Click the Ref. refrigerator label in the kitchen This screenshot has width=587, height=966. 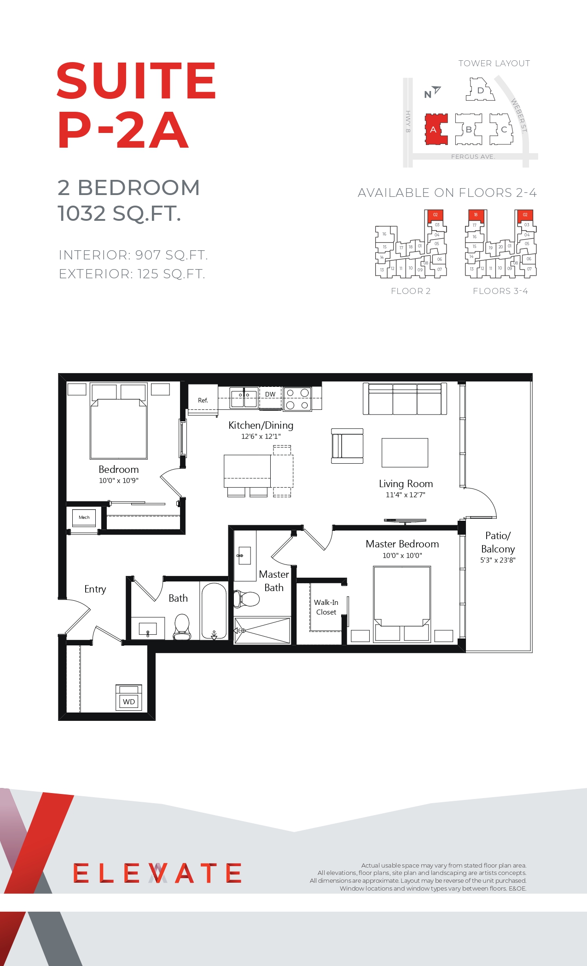pyautogui.click(x=203, y=400)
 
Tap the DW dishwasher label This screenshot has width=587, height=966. pyautogui.click(x=270, y=394)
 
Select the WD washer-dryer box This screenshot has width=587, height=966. pyautogui.click(x=129, y=698)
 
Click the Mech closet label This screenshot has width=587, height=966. pyautogui.click(x=84, y=517)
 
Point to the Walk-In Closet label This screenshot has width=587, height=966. pyautogui.click(x=326, y=607)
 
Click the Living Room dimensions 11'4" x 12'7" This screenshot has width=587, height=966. pyautogui.click(x=406, y=495)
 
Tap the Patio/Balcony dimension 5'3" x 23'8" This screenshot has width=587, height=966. pyautogui.click(x=498, y=560)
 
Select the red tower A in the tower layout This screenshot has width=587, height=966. pyautogui.click(x=436, y=129)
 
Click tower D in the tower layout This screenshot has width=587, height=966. pyautogui.click(x=480, y=90)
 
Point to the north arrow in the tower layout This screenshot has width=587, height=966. pyautogui.click(x=436, y=90)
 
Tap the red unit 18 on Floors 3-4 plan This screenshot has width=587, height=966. pyautogui.click(x=476, y=215)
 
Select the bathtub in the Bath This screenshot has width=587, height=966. pyautogui.click(x=214, y=611)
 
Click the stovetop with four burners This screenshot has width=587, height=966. pyautogui.click(x=297, y=399)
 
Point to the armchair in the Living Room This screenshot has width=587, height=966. pyautogui.click(x=347, y=446)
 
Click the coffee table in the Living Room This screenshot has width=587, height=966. pyautogui.click(x=405, y=453)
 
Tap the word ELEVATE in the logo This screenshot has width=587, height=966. pyautogui.click(x=157, y=873)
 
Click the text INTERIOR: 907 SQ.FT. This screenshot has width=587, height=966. pyautogui.click(x=134, y=255)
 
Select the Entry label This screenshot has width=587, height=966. pyautogui.click(x=95, y=589)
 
